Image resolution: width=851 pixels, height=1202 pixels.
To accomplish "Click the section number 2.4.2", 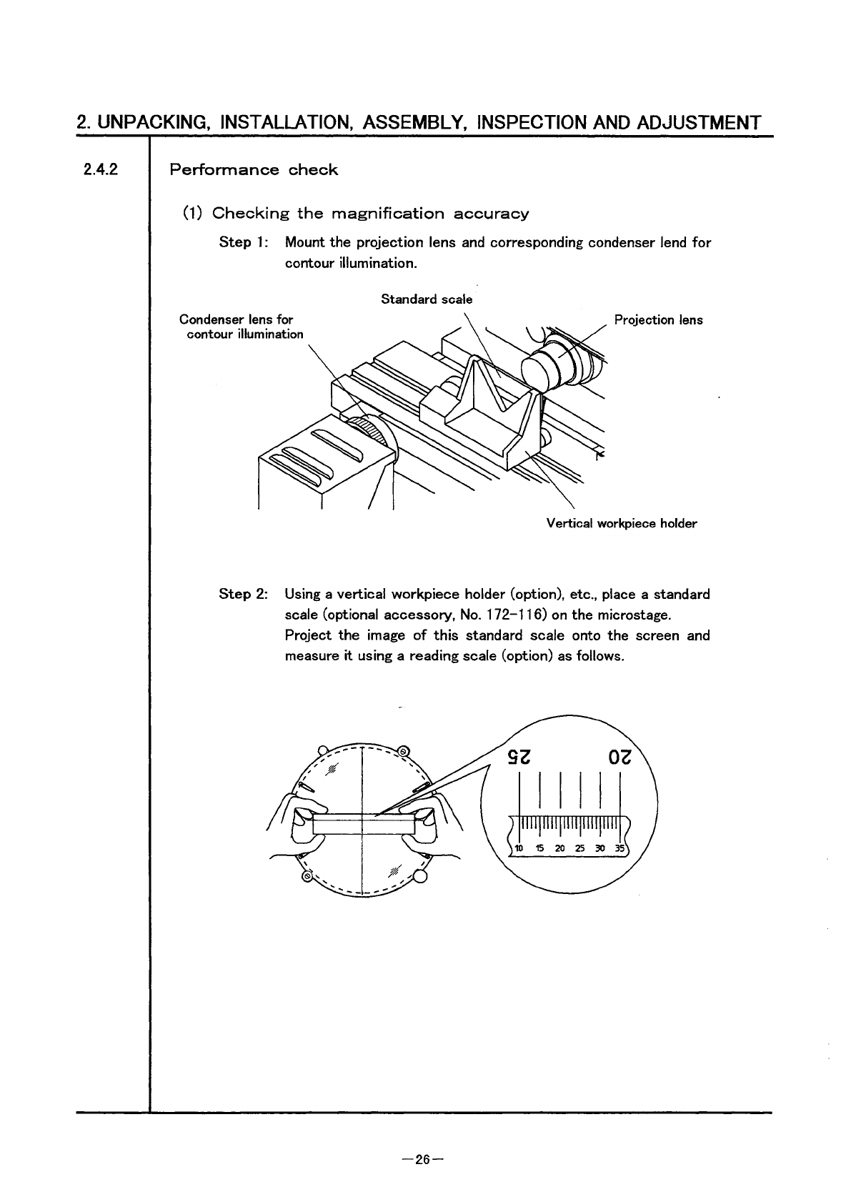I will click(x=99, y=170).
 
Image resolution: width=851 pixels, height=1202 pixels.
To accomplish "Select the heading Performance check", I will click(x=253, y=170).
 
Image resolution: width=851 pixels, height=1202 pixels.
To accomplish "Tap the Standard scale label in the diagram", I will click(x=427, y=299).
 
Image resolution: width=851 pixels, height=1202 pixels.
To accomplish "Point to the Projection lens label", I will click(x=658, y=320).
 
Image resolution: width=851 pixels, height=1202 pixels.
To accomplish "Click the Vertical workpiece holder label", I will click(x=621, y=524).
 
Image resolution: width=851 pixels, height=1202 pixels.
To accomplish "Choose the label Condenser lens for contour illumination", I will click(x=241, y=327).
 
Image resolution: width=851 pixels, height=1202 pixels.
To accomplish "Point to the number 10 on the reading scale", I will click(x=519, y=848).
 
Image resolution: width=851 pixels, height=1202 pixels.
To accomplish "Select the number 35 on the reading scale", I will click(x=619, y=848).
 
